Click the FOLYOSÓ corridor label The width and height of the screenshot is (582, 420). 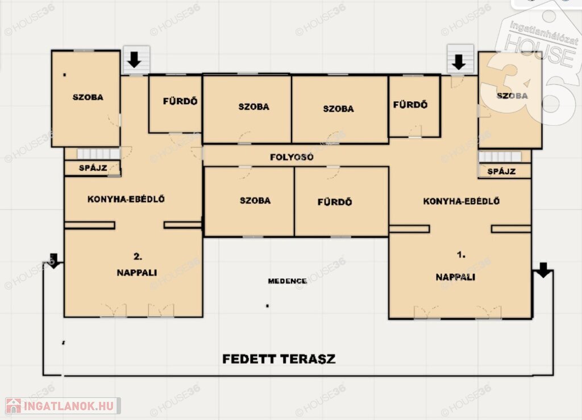(x=292, y=157)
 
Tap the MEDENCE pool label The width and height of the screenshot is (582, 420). (x=287, y=281)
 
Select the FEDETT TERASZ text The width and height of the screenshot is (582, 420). (x=278, y=359)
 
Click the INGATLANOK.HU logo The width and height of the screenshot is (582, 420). (x=63, y=406)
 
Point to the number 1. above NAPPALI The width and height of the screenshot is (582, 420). (x=461, y=255)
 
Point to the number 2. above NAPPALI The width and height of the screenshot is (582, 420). (x=138, y=257)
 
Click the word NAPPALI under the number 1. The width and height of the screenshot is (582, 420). (x=455, y=277)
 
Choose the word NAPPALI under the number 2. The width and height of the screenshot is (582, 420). (x=136, y=273)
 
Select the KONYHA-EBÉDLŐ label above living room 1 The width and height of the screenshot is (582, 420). (x=462, y=201)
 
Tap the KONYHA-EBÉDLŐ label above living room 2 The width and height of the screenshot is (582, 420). (x=126, y=199)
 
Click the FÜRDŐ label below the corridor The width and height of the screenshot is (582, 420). (x=334, y=202)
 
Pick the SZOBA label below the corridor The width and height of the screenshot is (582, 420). (x=255, y=201)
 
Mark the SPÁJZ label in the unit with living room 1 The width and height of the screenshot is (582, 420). (x=501, y=171)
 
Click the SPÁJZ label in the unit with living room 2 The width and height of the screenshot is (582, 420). (x=93, y=168)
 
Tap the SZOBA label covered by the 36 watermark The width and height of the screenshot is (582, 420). (x=512, y=96)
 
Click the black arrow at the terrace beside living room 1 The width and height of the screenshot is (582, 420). (x=543, y=270)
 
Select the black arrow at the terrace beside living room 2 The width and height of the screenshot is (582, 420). (x=54, y=261)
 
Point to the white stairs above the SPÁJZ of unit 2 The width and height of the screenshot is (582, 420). (x=98, y=154)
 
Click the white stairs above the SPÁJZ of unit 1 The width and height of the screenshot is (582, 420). (x=500, y=157)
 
